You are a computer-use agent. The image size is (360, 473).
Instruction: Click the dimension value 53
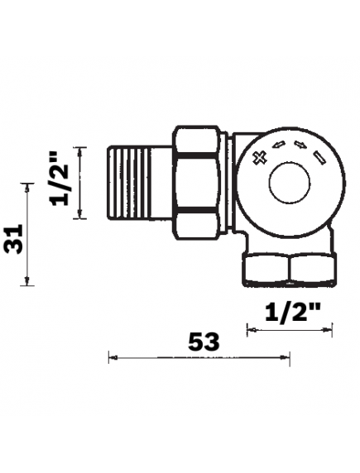click(x=201, y=342)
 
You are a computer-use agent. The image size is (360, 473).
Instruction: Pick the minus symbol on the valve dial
click(x=319, y=157)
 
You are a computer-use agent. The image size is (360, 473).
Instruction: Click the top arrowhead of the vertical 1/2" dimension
click(x=80, y=150)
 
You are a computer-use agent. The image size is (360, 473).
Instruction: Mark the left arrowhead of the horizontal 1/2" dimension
click(x=251, y=332)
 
